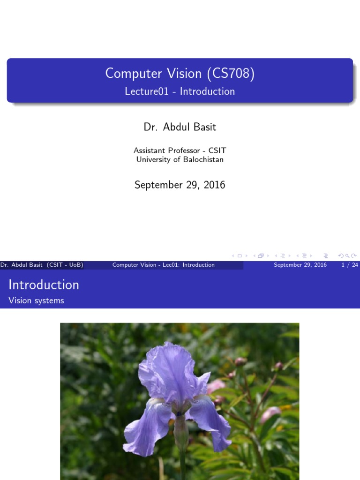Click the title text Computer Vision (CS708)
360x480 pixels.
pyautogui.click(x=180, y=74)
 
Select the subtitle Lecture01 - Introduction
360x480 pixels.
pyautogui.click(x=180, y=91)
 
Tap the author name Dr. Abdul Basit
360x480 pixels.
pyautogui.click(x=180, y=127)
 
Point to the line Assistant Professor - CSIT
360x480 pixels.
pyautogui.click(x=180, y=150)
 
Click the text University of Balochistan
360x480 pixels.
pyautogui.click(x=180, y=159)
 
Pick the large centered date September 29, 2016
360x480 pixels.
pyautogui.click(x=180, y=185)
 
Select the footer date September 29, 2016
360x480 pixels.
pyautogui.click(x=300, y=265)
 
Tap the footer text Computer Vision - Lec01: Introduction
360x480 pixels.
pyautogui.click(x=163, y=265)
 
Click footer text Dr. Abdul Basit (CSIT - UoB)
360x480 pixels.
pyautogui.click(x=42, y=265)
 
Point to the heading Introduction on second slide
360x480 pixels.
pyautogui.click(x=44, y=285)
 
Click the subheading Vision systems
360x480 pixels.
pyautogui.click(x=36, y=300)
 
